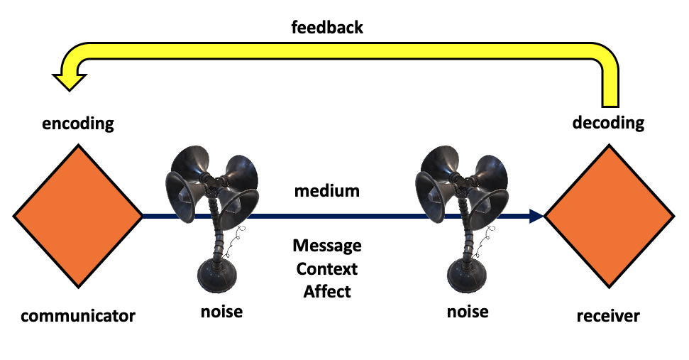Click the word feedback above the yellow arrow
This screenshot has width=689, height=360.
[327, 28]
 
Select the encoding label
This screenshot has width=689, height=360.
[78, 123]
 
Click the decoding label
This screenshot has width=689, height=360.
[608, 123]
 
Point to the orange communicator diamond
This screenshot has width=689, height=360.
[78, 214]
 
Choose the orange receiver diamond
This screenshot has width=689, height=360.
[609, 214]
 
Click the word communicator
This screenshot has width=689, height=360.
[78, 315]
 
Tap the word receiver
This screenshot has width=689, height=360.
[607, 315]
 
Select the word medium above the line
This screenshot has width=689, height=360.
[327, 191]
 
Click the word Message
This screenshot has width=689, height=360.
[327, 246]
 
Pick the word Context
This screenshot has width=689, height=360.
[327, 269]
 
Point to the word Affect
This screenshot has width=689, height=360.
[327, 291]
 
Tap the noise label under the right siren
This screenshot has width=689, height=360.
[468, 311]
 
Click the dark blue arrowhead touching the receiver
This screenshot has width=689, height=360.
[535, 214]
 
